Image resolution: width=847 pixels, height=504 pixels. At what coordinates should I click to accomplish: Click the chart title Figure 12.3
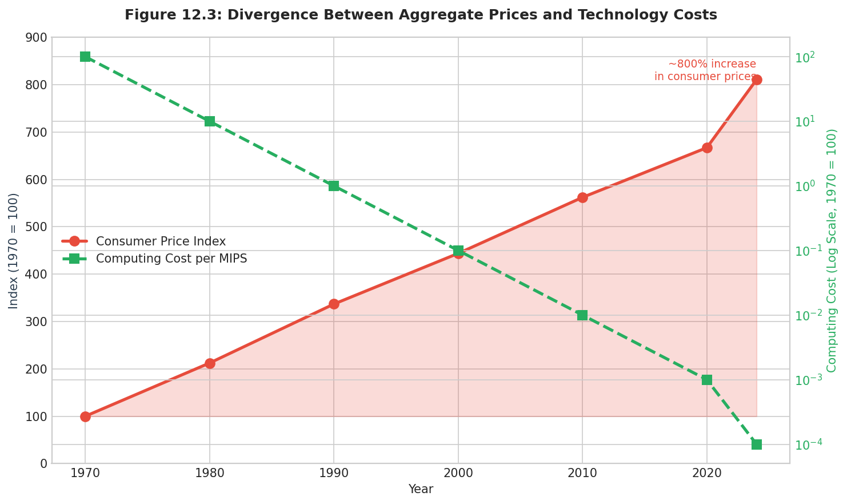pyautogui.click(x=421, y=15)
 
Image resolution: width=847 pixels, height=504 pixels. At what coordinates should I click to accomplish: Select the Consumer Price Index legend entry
pyautogui.click(x=161, y=241)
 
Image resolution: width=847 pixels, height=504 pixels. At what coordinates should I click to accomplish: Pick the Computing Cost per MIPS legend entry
pyautogui.click(x=171, y=259)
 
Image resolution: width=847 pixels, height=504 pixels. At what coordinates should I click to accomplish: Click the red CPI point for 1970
pyautogui.click(x=85, y=416)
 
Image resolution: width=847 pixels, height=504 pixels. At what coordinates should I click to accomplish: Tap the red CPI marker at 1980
pyautogui.click(x=210, y=363)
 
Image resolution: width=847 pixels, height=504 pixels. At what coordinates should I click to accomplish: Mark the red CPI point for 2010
pyautogui.click(x=582, y=197)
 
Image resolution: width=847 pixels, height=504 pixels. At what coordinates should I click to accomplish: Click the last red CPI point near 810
pyautogui.click(x=757, y=80)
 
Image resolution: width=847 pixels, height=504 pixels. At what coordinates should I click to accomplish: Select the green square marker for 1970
pyautogui.click(x=85, y=57)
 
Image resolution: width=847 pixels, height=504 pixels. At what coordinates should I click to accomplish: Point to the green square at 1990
pyautogui.click(x=334, y=186)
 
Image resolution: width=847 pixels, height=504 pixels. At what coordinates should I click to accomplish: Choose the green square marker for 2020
pyautogui.click(x=707, y=380)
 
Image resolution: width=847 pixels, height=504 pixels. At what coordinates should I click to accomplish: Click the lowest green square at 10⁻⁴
pyautogui.click(x=757, y=445)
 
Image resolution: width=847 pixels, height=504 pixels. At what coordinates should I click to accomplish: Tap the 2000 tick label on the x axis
pyautogui.click(x=458, y=474)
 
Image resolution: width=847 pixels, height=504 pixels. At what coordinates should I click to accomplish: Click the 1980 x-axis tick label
pyautogui.click(x=210, y=474)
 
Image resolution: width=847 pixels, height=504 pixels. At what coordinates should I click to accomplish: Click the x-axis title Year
pyautogui.click(x=421, y=490)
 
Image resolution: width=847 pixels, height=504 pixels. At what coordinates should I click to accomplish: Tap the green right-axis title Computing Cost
pyautogui.click(x=832, y=251)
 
